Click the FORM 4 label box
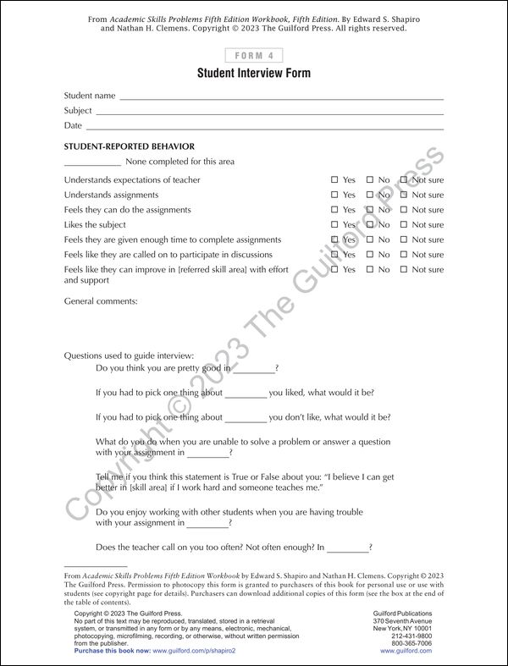coord(253,55)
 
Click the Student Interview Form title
coord(254,74)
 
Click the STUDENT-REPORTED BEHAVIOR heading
coord(129,146)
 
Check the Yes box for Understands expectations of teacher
coord(334,180)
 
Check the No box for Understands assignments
coord(370,195)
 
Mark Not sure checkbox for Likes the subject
coord(404,225)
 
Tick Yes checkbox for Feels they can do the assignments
coord(334,210)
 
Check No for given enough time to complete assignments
coord(370,239)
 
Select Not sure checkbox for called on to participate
coord(404,255)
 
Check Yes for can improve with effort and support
coord(334,270)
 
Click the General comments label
coord(101,301)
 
